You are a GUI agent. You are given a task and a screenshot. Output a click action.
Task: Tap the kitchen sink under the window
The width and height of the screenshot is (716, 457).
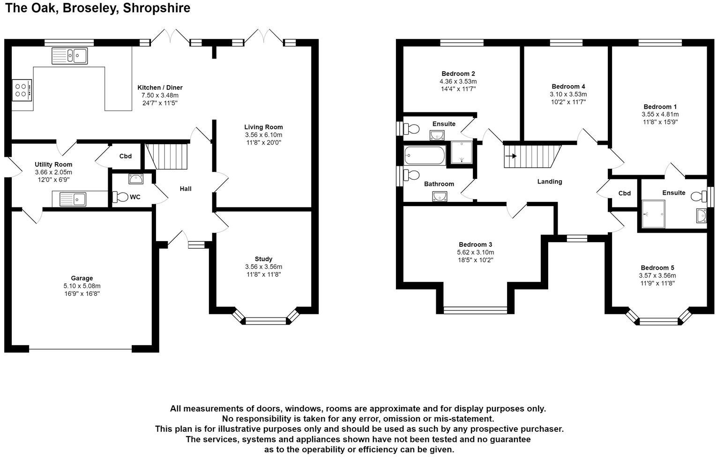point(69,56)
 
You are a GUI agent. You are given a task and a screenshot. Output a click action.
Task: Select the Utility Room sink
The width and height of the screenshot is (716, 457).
point(73,199)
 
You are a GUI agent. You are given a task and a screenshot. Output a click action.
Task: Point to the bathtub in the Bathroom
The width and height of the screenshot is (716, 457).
point(425,156)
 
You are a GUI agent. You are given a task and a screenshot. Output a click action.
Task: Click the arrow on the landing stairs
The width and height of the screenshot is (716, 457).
point(511,156)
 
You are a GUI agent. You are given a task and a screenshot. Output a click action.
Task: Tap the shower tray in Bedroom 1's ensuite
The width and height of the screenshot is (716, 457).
point(653,214)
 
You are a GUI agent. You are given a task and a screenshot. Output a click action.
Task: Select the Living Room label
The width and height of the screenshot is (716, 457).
point(263,127)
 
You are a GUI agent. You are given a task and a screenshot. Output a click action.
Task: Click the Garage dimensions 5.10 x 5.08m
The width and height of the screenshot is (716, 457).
point(82,286)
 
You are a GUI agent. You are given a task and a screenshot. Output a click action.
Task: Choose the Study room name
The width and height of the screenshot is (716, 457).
point(263,259)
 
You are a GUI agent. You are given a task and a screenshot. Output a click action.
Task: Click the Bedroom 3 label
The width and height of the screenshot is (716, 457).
point(475,244)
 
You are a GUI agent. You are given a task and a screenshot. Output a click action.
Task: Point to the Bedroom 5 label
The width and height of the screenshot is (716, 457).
point(657,268)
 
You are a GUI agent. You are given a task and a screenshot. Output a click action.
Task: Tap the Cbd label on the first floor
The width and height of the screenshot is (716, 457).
point(624,193)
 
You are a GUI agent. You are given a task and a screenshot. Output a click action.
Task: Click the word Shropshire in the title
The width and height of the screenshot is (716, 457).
point(157,8)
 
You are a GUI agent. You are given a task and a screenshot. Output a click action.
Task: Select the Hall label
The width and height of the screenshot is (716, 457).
point(186,189)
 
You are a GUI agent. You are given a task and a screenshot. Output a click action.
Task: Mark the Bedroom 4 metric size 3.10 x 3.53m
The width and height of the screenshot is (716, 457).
point(568,94)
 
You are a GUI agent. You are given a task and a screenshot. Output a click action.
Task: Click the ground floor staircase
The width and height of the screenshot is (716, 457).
point(167,156)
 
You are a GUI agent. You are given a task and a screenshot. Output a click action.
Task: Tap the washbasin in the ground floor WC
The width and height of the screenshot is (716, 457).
point(136,178)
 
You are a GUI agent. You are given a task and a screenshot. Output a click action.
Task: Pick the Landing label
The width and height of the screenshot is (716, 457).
point(549,182)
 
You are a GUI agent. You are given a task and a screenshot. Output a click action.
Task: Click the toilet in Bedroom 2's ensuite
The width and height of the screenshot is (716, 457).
point(412,128)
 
